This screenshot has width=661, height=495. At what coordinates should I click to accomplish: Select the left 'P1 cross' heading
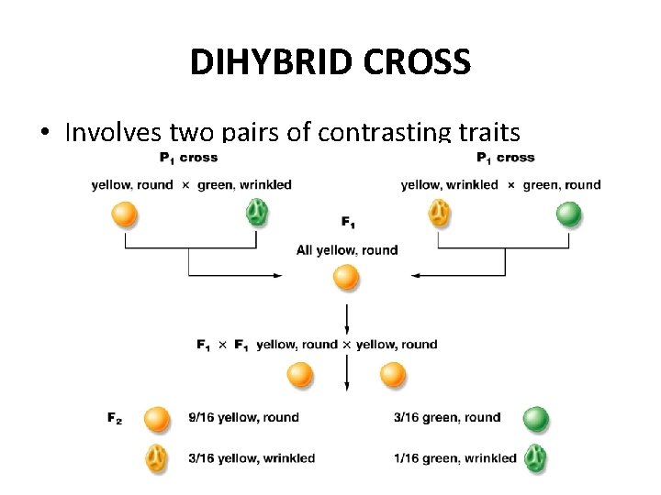(x=187, y=158)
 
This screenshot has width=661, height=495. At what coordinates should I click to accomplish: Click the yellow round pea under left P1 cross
(x=124, y=214)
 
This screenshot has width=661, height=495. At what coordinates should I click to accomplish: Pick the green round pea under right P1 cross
(x=569, y=214)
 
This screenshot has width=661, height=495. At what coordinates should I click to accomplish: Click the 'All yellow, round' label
(x=347, y=250)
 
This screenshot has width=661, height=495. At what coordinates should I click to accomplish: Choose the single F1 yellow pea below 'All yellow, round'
(x=346, y=277)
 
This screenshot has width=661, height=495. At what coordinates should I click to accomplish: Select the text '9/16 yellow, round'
(x=244, y=418)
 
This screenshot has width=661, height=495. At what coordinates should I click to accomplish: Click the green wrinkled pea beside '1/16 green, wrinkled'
(x=534, y=458)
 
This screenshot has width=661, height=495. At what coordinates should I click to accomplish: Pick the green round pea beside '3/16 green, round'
(x=535, y=420)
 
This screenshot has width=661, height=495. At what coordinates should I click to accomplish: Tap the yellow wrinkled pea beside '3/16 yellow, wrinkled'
(x=157, y=458)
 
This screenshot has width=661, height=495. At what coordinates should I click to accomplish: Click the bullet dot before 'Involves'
(x=44, y=134)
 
